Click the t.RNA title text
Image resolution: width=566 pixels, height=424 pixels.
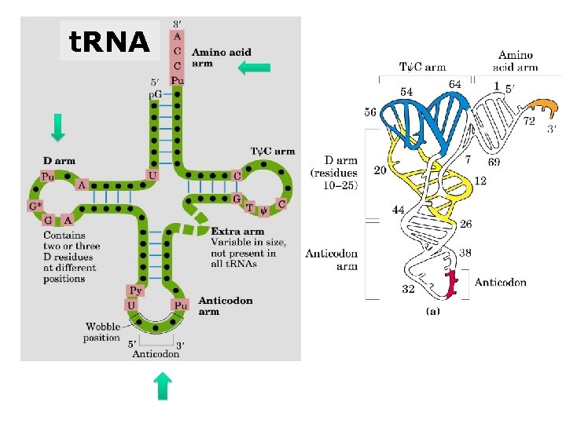108,41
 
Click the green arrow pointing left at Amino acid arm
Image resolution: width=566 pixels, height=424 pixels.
254,68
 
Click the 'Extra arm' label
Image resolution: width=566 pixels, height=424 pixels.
237,231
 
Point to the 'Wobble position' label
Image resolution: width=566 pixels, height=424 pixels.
102,332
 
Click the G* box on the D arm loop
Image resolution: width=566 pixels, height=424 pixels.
35,207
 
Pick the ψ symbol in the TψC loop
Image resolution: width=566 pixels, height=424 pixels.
264,208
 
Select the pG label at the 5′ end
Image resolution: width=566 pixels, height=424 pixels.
156,93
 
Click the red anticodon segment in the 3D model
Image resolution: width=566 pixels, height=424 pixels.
451,284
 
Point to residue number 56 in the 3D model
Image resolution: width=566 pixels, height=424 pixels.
371,111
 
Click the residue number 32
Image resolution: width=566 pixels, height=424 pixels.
408,289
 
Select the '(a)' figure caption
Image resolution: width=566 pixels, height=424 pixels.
432,311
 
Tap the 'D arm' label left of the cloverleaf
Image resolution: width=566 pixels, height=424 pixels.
60,161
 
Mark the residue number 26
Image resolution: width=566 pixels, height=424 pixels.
466,225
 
